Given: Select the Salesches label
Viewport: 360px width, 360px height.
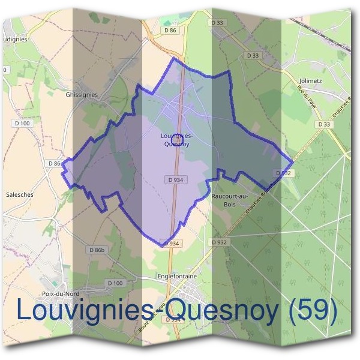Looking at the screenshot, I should (19, 194).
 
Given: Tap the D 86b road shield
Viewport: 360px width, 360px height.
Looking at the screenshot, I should (96, 250).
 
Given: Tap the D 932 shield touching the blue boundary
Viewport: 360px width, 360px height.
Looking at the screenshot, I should (286, 172).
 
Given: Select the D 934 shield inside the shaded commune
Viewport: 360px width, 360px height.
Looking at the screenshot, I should (175, 179).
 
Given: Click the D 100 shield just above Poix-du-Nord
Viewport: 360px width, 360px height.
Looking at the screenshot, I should (115, 283).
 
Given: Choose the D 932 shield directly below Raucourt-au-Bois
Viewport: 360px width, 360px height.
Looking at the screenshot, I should (219, 242).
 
